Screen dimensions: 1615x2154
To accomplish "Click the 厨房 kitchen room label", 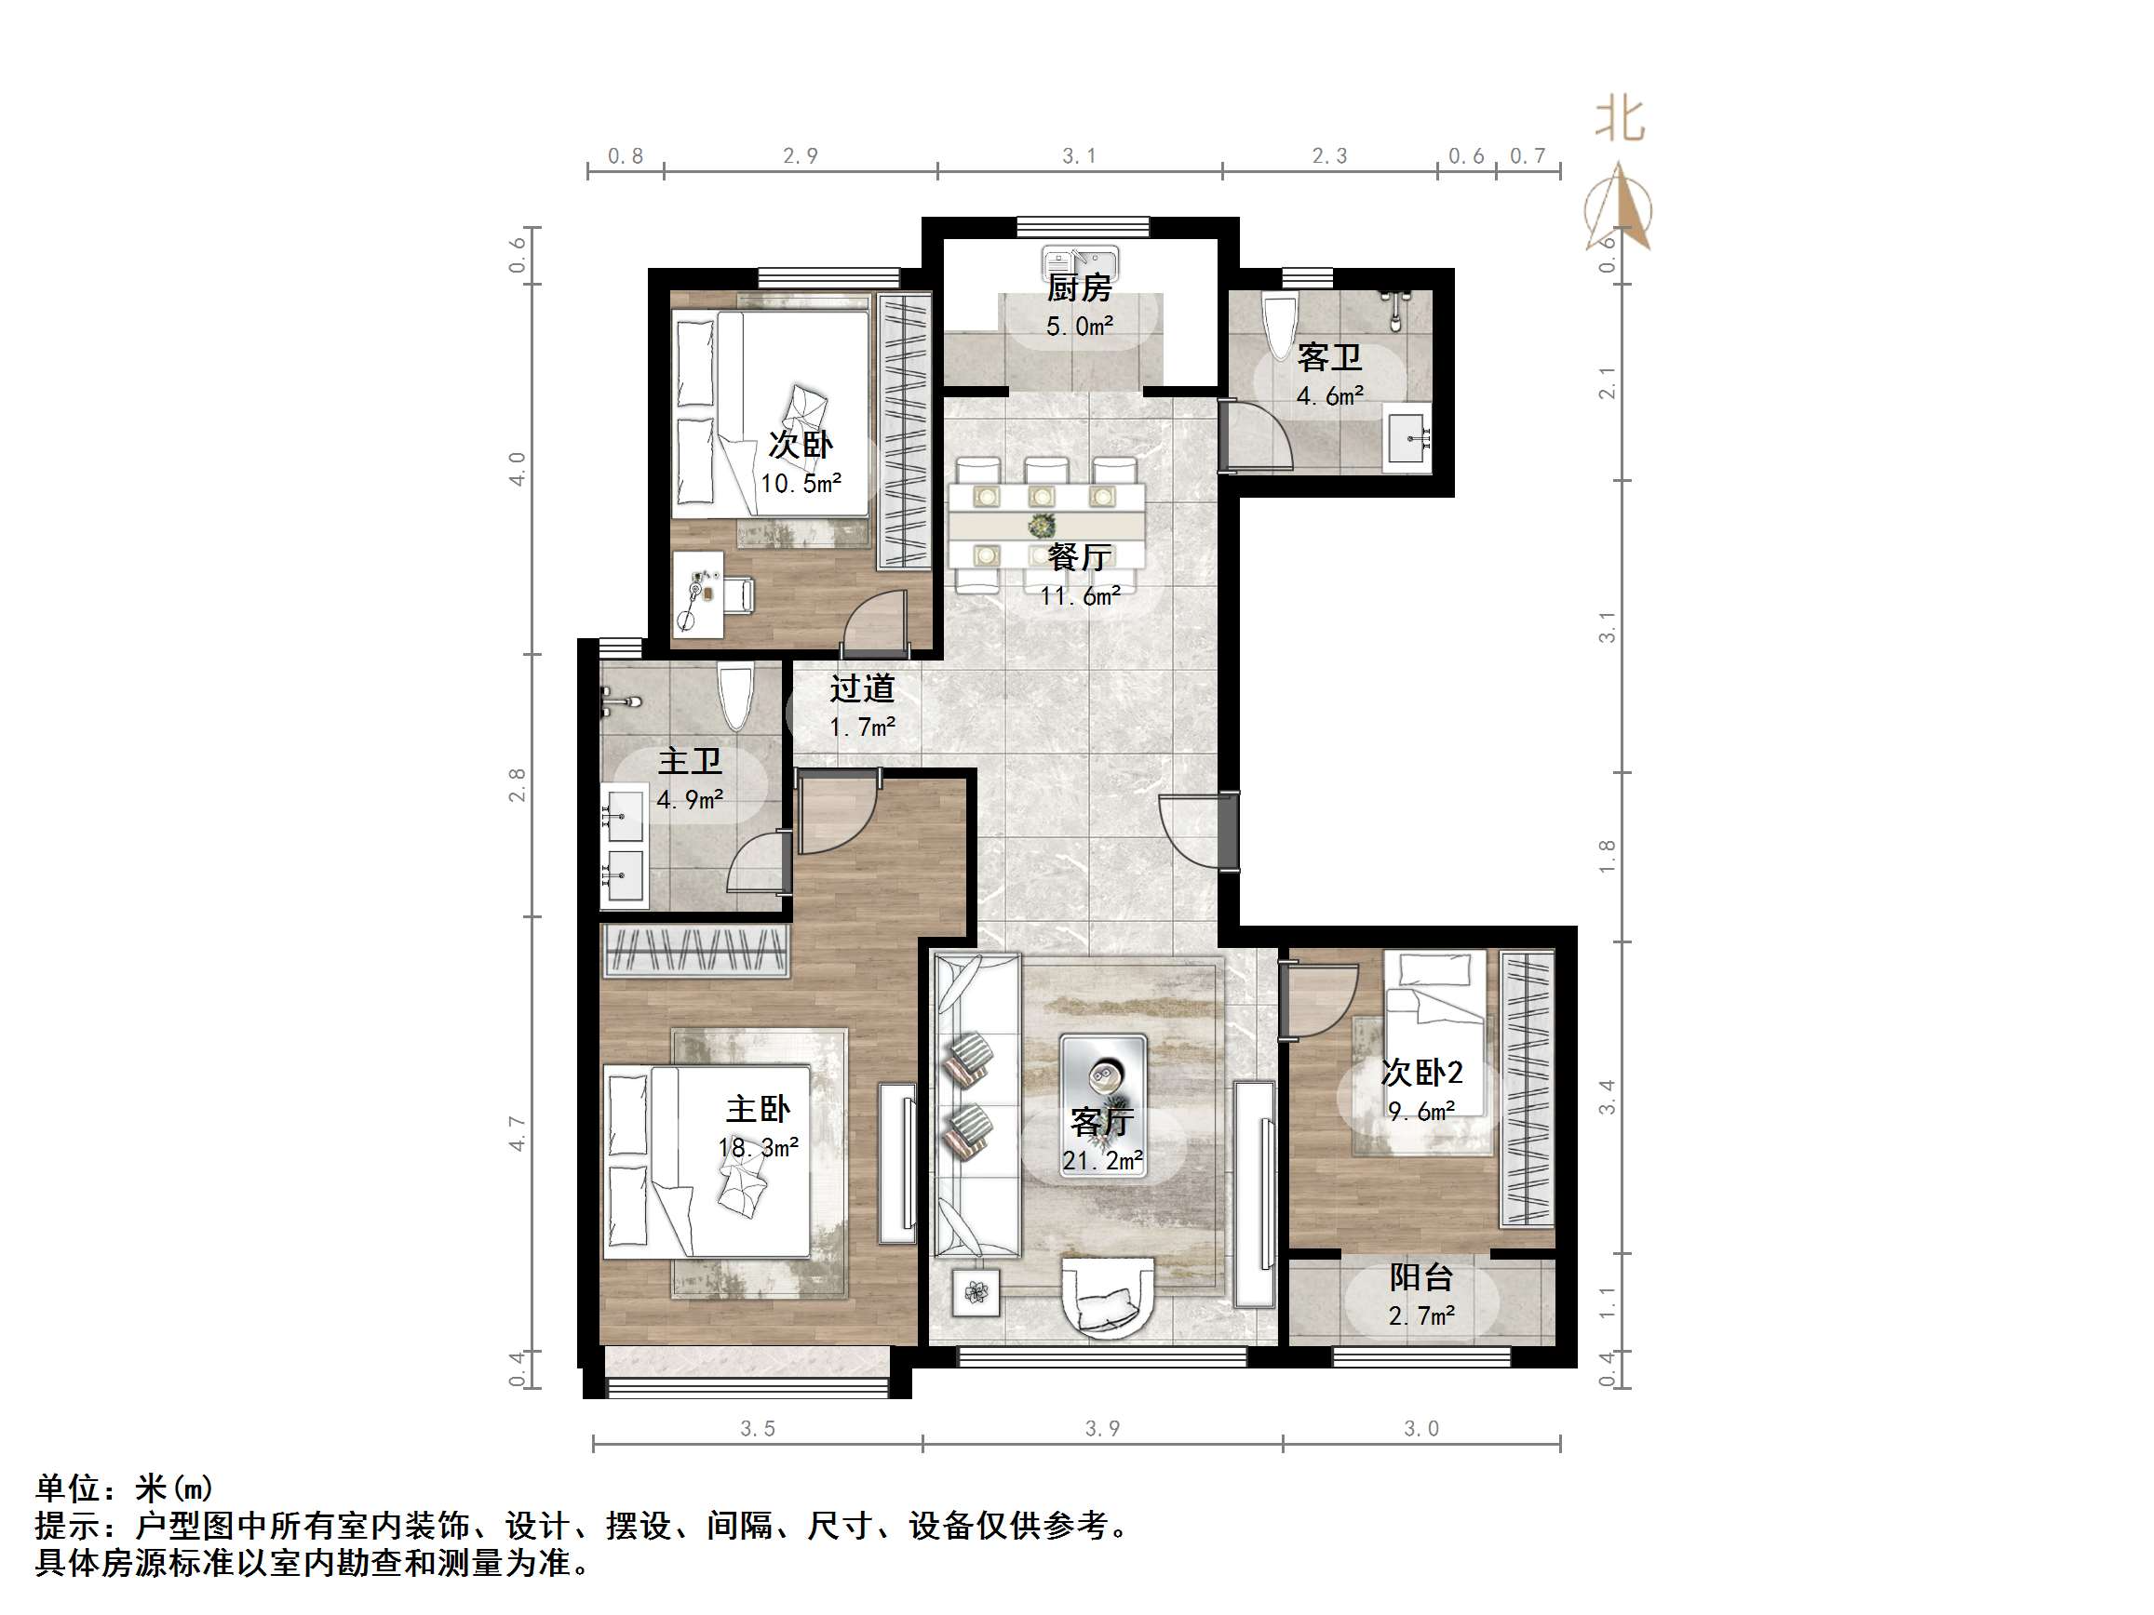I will pos(1079,288).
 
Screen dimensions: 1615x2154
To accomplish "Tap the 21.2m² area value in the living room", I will pos(1102,1161).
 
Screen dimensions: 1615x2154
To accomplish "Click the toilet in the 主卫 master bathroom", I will pos(735,695).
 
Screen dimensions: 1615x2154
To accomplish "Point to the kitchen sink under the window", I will pos(1080,261).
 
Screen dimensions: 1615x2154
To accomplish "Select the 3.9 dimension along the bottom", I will pos(1102,1428).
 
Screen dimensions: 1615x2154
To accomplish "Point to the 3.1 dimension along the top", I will pos(1079,155).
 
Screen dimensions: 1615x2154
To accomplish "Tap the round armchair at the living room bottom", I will pos(1108,1296).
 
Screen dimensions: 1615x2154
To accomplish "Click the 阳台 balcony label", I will pos(1420,1277).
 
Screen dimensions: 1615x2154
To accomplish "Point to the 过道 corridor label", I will pos(862,689).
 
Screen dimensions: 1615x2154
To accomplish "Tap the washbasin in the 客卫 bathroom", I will pos(1408,440).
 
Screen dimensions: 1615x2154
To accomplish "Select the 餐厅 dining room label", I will pos(1079,557).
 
